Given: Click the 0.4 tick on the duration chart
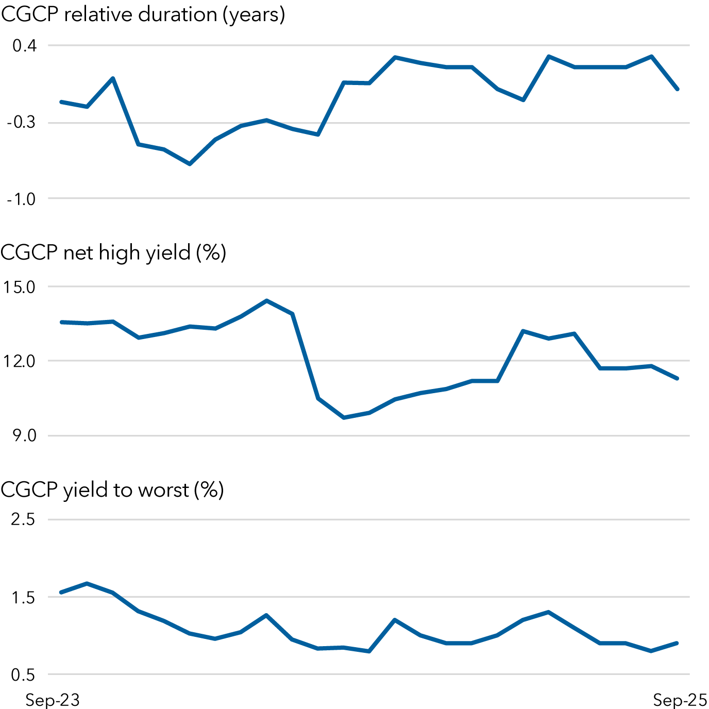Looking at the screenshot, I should pyautogui.click(x=24, y=46).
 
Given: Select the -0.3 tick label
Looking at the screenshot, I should pyautogui.click(x=21, y=123).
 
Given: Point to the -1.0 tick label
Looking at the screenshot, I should pyautogui.click(x=21, y=199).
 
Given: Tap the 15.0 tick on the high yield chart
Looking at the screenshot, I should pyautogui.click(x=19, y=287).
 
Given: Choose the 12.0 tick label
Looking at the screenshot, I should pyautogui.click(x=19, y=361).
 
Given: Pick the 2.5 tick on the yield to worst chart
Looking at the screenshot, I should pyautogui.click(x=23, y=519).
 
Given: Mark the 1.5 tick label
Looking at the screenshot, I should pyautogui.click(x=23, y=598).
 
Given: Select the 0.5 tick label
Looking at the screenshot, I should pyautogui.click(x=23, y=674).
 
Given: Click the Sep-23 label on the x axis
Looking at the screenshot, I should pyautogui.click(x=53, y=700).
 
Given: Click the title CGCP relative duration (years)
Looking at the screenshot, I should pyautogui.click(x=143, y=14).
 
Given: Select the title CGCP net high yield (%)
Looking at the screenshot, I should pyautogui.click(x=113, y=252).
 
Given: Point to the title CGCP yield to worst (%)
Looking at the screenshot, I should pyautogui.click(x=112, y=489).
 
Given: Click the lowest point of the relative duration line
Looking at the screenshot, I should pyautogui.click(x=190, y=164).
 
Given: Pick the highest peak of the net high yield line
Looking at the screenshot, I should pyautogui.click(x=266, y=300).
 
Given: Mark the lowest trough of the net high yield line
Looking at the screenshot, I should pyautogui.click(x=344, y=417).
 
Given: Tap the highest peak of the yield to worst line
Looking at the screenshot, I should pyautogui.click(x=87, y=583).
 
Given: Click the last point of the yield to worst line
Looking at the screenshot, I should pyautogui.click(x=677, y=643).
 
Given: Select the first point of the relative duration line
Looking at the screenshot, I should pyautogui.click(x=61, y=102).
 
